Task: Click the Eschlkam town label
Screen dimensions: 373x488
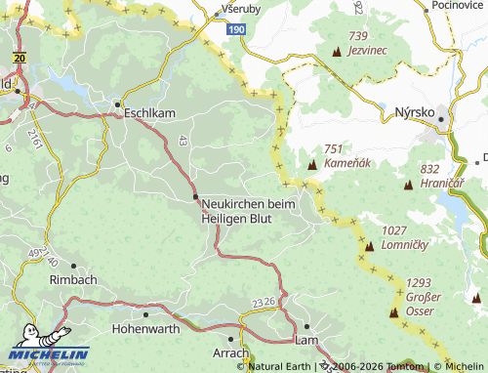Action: coord(149,113)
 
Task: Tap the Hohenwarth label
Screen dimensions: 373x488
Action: coord(146,329)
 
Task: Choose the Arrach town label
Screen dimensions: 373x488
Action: coord(231,352)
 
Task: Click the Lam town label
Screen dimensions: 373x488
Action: coord(306,340)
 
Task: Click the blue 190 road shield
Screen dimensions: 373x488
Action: coord(237,30)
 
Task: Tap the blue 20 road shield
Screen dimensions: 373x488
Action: coord(20,58)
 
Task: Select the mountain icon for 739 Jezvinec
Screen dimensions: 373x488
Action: coord(338,50)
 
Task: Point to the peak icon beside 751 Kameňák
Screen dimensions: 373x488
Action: coord(312,164)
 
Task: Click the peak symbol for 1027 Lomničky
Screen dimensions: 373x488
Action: coord(369,246)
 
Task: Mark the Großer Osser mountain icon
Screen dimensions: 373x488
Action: coord(395,313)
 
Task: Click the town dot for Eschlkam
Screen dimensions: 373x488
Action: coord(118,103)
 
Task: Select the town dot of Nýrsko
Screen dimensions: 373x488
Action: coord(441,120)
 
